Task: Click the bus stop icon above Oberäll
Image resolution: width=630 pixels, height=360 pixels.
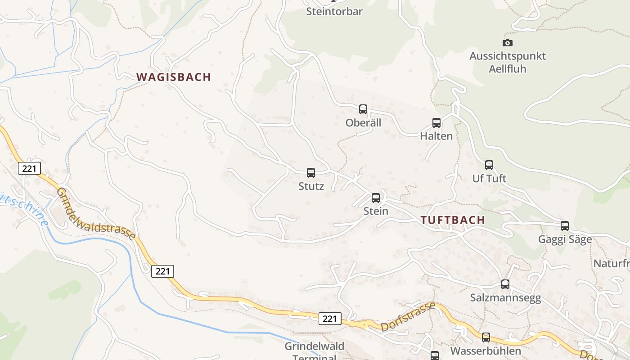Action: [x=363, y=109]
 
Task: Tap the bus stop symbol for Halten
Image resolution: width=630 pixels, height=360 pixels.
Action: [x=436, y=123]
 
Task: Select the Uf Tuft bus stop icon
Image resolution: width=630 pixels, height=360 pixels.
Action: [x=489, y=165]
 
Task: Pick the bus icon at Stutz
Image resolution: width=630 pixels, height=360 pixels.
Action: [x=311, y=173]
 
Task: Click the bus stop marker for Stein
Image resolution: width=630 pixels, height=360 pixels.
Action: [x=376, y=198]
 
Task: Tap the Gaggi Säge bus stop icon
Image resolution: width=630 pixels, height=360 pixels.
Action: [x=565, y=226]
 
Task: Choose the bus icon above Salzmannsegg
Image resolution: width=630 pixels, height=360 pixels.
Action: [x=505, y=284]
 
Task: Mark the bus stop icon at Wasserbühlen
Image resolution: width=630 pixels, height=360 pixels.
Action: [x=486, y=337]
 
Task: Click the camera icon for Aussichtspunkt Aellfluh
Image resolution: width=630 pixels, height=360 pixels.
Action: [x=508, y=43]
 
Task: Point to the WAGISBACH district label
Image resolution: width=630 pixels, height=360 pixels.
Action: [x=174, y=77]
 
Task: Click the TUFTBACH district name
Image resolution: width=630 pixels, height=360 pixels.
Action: [x=453, y=220]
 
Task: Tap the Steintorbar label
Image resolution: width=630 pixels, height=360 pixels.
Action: [x=334, y=12]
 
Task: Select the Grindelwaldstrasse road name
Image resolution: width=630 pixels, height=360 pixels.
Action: [x=96, y=214]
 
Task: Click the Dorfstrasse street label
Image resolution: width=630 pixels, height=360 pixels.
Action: [x=408, y=317]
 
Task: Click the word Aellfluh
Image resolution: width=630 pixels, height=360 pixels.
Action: [x=508, y=69]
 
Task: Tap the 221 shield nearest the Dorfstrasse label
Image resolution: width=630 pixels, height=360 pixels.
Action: [x=330, y=319]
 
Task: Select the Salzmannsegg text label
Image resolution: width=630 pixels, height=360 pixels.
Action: [x=505, y=298]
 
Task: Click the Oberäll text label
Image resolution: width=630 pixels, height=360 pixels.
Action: [x=363, y=123]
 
